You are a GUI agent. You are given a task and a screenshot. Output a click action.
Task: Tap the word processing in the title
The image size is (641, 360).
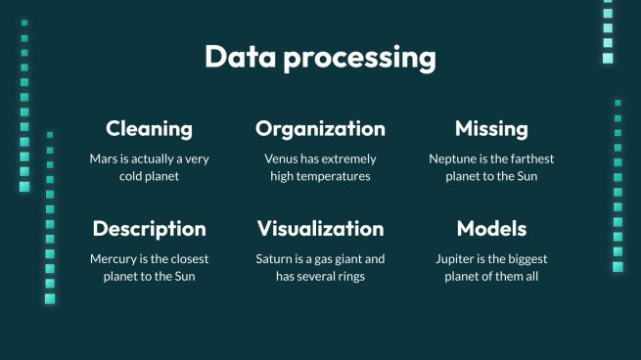[357, 58]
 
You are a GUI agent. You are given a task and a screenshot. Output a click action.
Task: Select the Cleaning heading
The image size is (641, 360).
[149, 129]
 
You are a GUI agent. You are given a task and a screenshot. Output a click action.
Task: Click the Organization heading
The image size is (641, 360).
[320, 129]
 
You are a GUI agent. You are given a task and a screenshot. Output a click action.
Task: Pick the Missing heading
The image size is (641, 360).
[491, 129]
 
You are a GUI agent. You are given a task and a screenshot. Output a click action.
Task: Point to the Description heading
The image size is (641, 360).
[149, 229]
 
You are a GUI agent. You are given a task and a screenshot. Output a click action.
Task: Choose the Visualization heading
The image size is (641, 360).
[320, 229]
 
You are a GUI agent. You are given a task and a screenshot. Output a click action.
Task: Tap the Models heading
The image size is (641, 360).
[491, 229]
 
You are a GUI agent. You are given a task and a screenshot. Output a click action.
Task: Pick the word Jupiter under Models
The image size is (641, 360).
[457, 259]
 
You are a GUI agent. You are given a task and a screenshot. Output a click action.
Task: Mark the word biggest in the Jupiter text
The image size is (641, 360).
[524, 259]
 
